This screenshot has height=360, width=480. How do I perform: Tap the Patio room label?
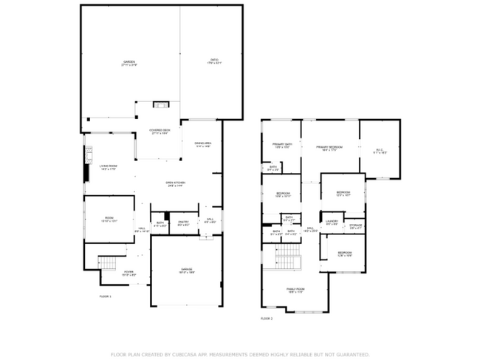click(213, 61)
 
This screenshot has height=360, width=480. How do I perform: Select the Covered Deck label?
click(160, 132)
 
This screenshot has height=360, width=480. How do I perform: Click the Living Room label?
click(109, 166)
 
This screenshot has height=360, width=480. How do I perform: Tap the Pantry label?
click(184, 223)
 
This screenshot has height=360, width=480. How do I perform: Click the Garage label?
click(186, 271)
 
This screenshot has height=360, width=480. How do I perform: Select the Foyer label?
click(128, 272)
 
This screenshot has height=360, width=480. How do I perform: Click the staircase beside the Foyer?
click(109, 262)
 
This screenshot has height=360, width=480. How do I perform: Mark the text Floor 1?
click(104, 296)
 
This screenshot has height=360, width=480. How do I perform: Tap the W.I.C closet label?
click(380, 150)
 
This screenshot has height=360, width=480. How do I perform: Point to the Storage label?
click(355, 225)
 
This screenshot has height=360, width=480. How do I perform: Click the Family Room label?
click(295, 290)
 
